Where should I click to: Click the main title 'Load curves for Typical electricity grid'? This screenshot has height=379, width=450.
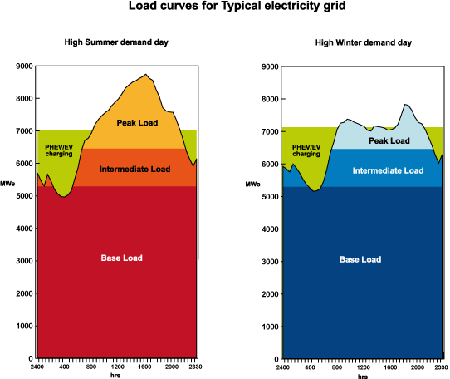click(224, 7)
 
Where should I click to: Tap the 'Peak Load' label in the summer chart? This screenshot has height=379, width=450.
click(138, 123)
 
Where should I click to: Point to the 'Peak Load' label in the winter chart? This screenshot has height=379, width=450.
click(389, 140)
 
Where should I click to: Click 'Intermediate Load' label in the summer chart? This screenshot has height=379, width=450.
click(135, 170)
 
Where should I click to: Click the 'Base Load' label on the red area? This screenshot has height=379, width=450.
click(121, 258)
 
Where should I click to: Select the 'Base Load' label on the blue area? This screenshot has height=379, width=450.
click(360, 259)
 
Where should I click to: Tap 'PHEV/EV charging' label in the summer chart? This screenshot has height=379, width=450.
click(58, 150)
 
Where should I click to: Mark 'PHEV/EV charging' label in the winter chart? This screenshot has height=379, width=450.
click(305, 150)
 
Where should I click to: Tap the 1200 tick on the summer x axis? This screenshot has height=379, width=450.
click(118, 366)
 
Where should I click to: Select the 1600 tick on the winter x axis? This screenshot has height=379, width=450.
click(390, 366)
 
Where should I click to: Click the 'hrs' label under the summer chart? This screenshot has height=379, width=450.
click(115, 375)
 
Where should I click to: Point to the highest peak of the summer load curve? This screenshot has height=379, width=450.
click(146, 75)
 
